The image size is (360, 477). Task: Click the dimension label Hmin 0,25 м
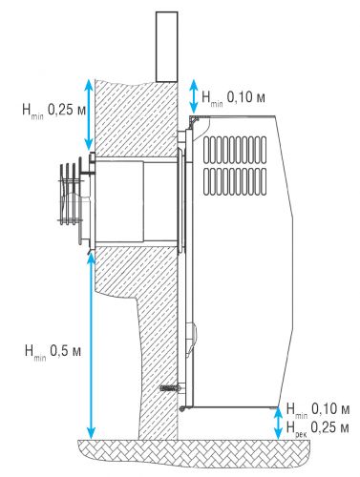pos(54,111)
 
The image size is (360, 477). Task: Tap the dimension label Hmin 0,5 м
pos(53,352)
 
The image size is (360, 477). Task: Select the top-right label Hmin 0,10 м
pos(233,97)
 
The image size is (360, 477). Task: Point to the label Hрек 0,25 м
pos(318,428)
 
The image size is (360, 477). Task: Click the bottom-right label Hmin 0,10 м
pos(318,410)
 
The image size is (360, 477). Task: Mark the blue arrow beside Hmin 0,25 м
pos(90,114)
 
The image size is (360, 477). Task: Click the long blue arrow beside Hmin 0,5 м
pos(91,347)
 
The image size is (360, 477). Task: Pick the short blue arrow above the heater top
pos(194,95)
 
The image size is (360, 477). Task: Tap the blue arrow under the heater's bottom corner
pos(278,424)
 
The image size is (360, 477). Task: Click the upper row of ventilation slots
pos(235,151)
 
